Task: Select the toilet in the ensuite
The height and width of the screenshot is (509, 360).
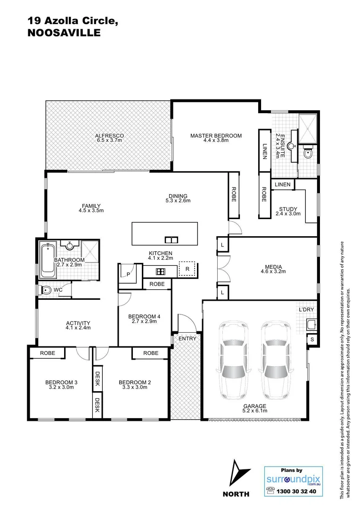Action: [x=309, y=153]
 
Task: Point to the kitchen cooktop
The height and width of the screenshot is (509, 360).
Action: [x=160, y=271]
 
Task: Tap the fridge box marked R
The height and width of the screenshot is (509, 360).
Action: [x=187, y=269]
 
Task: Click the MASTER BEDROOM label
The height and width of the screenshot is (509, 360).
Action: [x=216, y=136]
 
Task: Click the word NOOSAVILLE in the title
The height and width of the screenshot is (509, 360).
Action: [x=64, y=33]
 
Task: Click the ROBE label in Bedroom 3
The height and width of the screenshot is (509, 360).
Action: [x=48, y=353]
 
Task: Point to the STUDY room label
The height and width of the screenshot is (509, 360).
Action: [x=287, y=209]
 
